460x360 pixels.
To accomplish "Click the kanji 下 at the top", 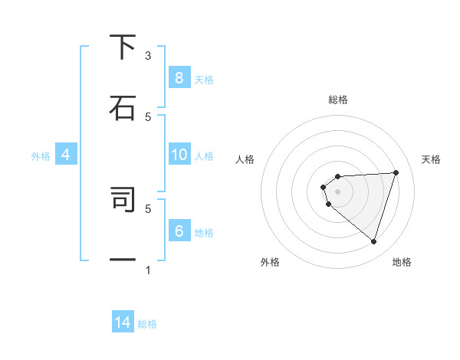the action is [123, 47].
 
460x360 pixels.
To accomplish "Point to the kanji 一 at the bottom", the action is [123, 260].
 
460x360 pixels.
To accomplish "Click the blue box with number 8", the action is [179, 77].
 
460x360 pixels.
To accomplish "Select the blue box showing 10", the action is [179, 155].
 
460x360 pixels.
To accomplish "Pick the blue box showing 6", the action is [179, 231].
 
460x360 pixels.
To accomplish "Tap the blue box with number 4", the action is [65, 155].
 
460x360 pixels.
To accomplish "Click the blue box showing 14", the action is [123, 322].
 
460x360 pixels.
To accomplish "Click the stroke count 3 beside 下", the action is [149, 56].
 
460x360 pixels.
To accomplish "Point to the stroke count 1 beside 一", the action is [149, 270].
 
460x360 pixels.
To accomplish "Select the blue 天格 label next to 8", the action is [204, 79].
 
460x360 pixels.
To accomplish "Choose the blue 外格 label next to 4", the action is [41, 155].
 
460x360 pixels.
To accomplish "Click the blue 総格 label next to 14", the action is [147, 324].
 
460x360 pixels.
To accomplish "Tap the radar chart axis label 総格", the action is [338, 100].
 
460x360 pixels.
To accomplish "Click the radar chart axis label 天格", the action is [432, 159].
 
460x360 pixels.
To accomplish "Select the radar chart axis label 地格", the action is [402, 262].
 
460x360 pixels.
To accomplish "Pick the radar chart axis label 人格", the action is [245, 159].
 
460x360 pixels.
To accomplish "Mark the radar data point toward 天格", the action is [396, 172].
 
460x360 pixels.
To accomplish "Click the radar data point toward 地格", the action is [373, 241].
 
